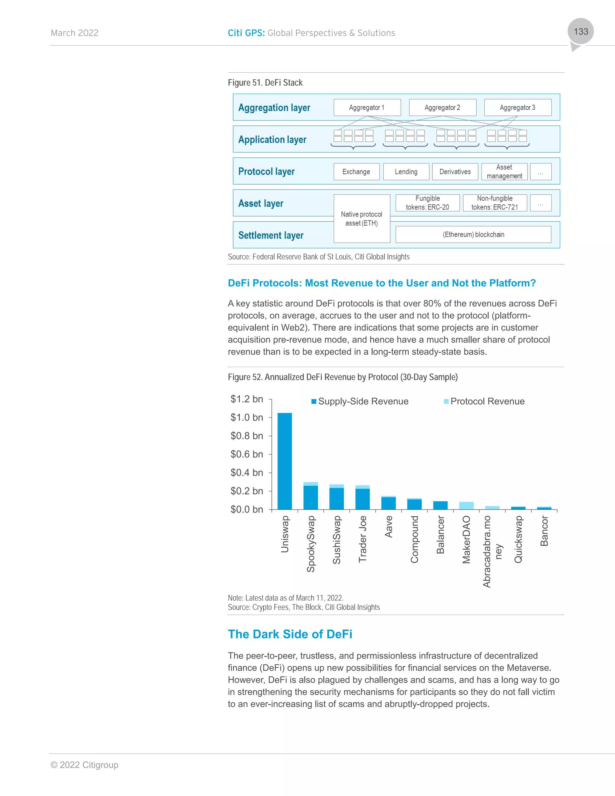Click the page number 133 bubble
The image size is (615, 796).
tap(580, 31)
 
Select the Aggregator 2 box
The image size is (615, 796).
tap(442, 108)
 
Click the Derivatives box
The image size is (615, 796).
tap(455, 172)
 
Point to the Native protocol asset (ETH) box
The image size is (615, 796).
tap(362, 219)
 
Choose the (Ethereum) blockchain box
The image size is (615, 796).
tap(473, 234)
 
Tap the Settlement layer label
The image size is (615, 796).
tap(271, 235)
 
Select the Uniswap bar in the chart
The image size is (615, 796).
tap(285, 461)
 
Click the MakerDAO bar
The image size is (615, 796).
tap(466, 506)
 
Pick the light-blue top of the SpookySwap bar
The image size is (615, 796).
tap(311, 484)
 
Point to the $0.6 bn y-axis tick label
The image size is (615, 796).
tap(247, 454)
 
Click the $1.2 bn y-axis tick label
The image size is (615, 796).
tap(247, 399)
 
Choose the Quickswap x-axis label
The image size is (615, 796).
tap(518, 539)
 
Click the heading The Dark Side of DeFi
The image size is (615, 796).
tap(290, 634)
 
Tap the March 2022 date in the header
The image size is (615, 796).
tap(75, 33)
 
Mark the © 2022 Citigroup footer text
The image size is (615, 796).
tap(84, 765)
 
